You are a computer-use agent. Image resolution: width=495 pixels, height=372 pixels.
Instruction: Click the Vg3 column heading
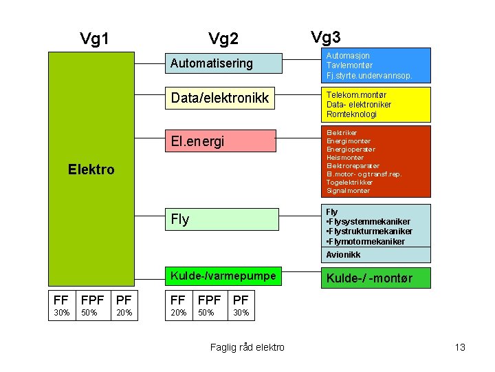325,37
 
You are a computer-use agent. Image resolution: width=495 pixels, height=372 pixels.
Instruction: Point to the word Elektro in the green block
91,169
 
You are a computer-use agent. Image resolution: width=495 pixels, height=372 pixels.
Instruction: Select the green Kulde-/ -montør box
376,278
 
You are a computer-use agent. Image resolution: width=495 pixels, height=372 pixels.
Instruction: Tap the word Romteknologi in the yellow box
351,114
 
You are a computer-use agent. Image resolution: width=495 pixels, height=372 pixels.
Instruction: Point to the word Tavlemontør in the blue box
349,65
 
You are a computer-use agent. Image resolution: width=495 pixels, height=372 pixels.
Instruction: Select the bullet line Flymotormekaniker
366,241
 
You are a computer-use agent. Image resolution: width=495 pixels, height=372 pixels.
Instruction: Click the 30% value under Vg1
61,313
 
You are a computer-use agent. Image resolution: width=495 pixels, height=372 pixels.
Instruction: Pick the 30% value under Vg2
241,313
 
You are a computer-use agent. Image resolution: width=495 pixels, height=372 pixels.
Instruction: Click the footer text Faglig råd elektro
247,347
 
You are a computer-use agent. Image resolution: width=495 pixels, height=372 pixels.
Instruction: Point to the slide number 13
460,347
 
